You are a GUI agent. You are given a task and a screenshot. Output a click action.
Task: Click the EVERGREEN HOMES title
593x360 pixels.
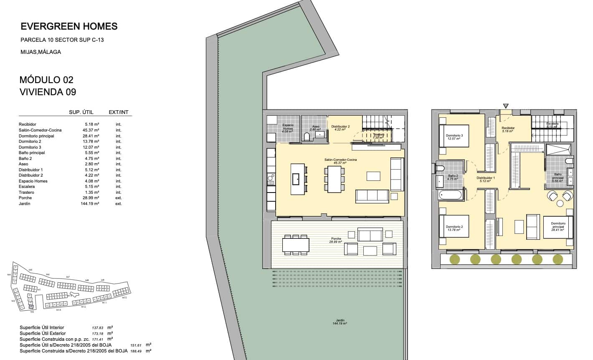pos(69,27)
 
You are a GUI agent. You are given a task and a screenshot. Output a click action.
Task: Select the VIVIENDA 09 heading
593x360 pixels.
pos(48,92)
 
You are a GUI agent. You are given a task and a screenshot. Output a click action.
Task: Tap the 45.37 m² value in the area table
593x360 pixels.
pos(91,130)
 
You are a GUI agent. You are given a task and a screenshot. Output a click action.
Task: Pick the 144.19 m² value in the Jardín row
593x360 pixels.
pos(91,204)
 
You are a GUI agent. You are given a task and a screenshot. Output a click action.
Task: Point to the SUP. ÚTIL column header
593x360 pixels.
pos(81,112)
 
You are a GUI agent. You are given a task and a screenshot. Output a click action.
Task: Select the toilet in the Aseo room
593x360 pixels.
pos(307,137)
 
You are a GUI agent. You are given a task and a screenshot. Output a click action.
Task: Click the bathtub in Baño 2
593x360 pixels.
pos(450,195)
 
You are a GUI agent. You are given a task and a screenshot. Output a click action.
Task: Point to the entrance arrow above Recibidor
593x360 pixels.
pos(506,106)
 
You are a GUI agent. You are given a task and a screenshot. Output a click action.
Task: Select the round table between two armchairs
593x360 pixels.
pos(560,203)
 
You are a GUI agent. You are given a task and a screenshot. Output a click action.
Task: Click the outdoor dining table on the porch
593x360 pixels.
pos(296,244)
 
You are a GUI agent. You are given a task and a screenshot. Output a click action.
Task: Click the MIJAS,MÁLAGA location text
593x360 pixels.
pos(41,52)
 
